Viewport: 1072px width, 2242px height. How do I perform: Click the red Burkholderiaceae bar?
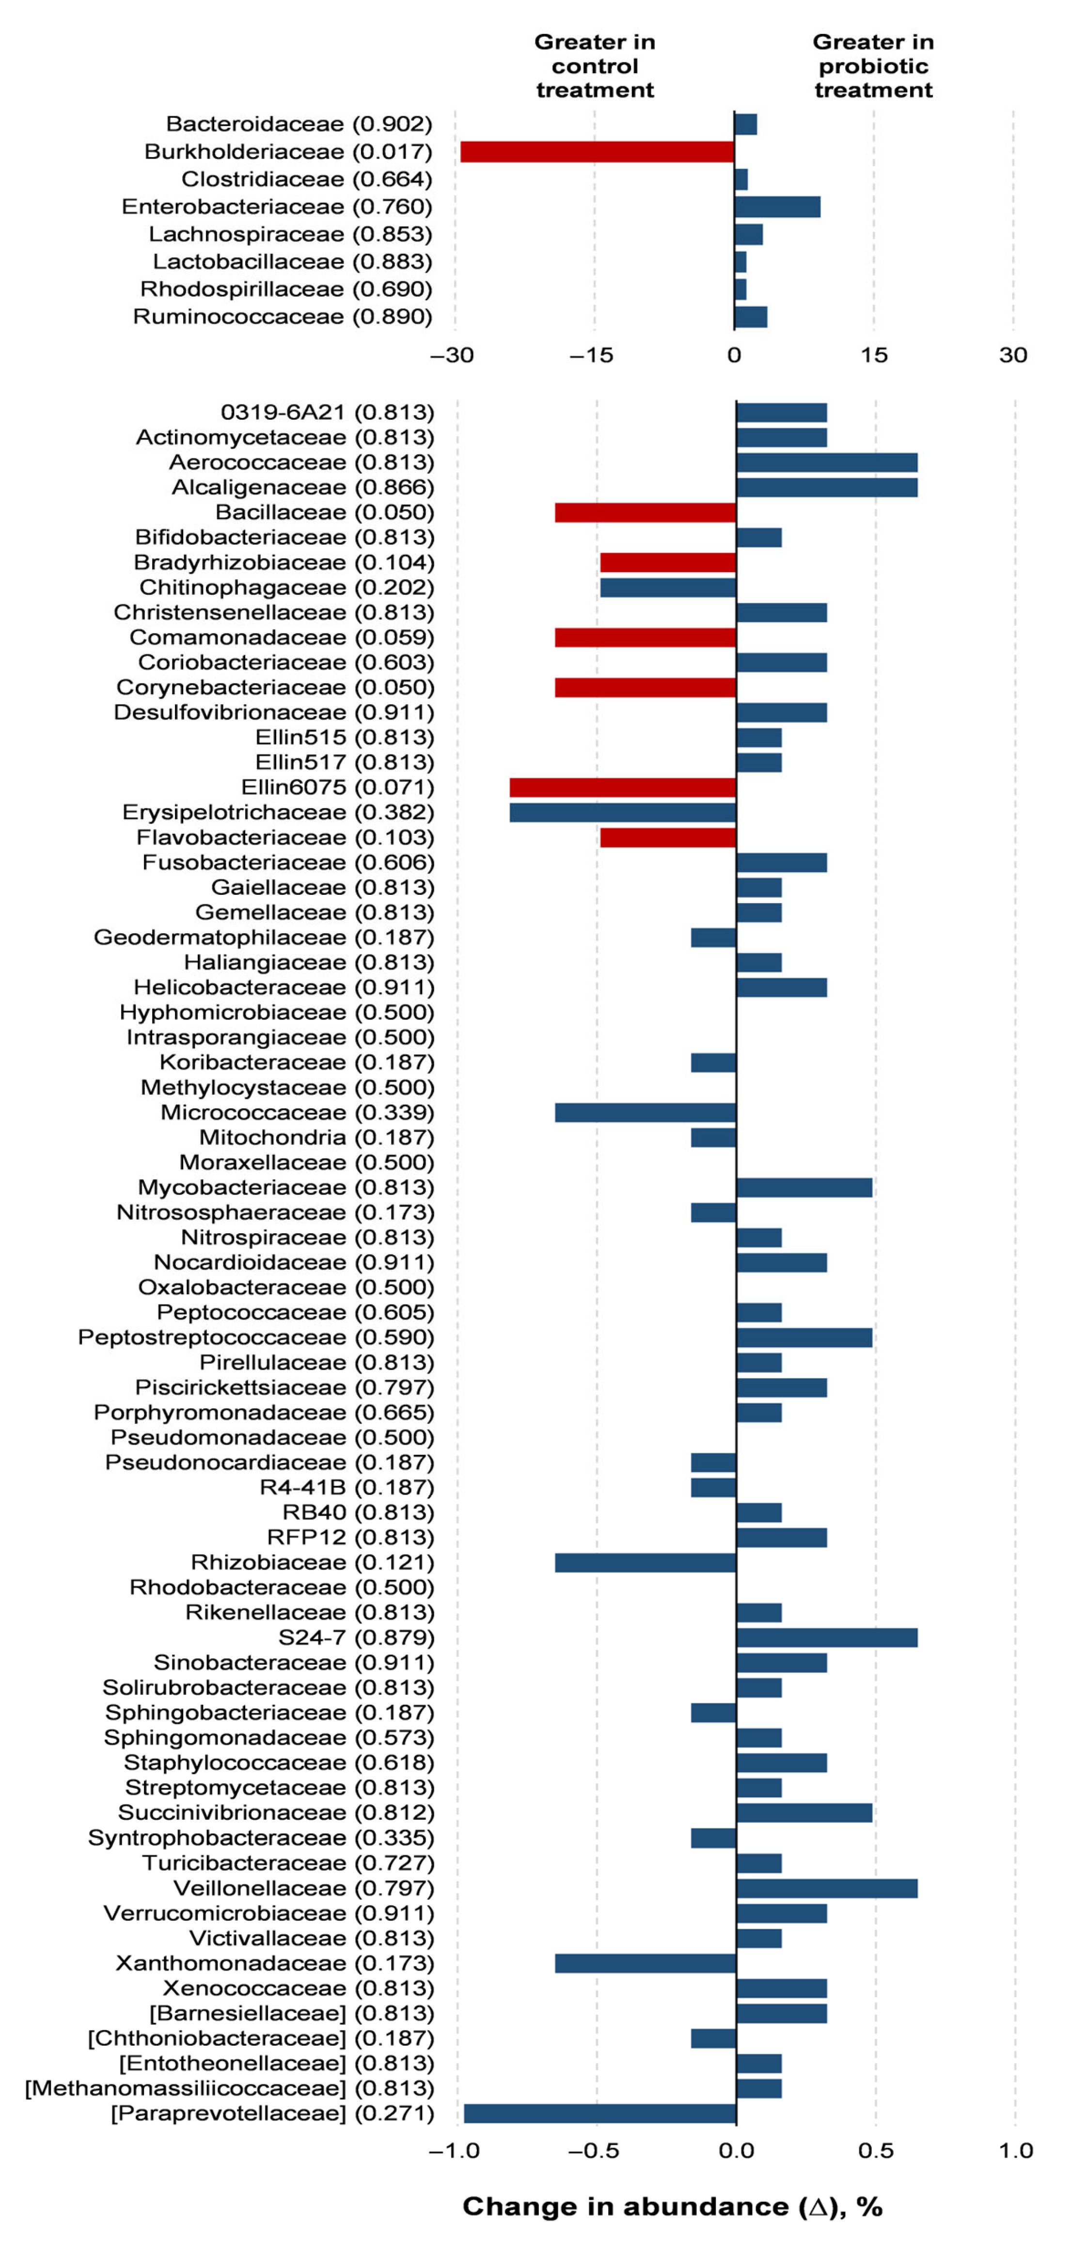pyautogui.click(x=597, y=151)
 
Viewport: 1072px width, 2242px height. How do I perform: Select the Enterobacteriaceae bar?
pyautogui.click(x=777, y=207)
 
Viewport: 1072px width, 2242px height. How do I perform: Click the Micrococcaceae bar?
pyautogui.click(x=646, y=1113)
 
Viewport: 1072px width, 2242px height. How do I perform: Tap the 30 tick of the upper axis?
pyautogui.click(x=1013, y=355)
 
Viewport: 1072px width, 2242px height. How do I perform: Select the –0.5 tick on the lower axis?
pyautogui.click(x=594, y=2150)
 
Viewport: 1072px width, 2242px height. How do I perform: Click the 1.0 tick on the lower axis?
pyautogui.click(x=1015, y=2150)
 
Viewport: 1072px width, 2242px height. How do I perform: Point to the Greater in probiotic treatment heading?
pyautogui.click(x=873, y=66)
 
